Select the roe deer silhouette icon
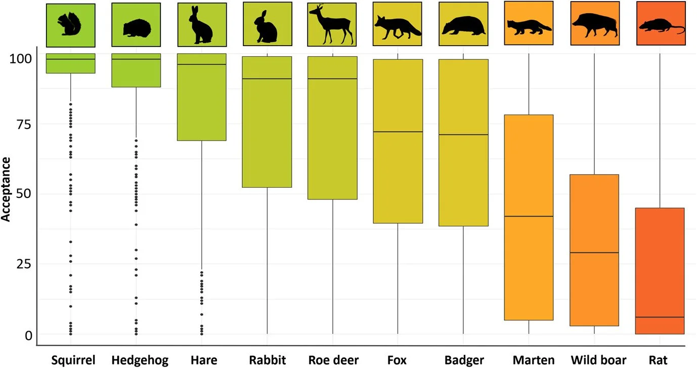pyautogui.click(x=332, y=25)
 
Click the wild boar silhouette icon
pyautogui.click(x=594, y=26)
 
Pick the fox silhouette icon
pyautogui.click(x=398, y=26)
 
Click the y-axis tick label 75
pyautogui.click(x=20, y=125)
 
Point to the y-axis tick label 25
pyautogui.click(x=20, y=264)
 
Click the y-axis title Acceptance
pyautogui.click(x=7, y=189)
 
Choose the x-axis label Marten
pyautogui.click(x=529, y=360)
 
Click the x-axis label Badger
pyautogui.click(x=464, y=360)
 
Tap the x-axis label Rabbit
pyautogui.click(x=267, y=360)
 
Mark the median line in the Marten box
pyautogui.click(x=529, y=216)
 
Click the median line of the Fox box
pyautogui.click(x=398, y=132)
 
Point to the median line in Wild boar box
pyautogui.click(x=594, y=253)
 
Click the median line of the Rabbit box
pyautogui.click(x=267, y=79)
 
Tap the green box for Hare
pyautogui.click(x=201, y=101)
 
